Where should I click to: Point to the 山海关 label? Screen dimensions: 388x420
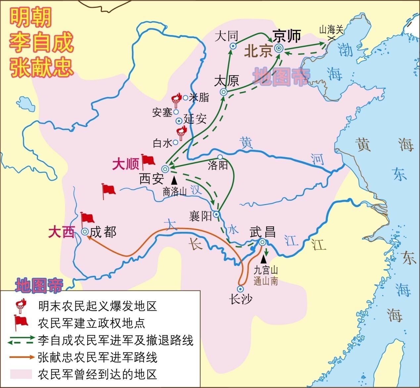[x=331, y=30]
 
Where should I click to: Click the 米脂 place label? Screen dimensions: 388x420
[x=199, y=97]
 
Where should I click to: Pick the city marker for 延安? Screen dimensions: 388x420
[x=179, y=121]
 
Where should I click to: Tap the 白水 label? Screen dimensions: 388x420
[x=162, y=143]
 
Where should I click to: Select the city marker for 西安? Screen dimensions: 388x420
[x=165, y=169]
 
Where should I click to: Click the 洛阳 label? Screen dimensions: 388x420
[x=218, y=165]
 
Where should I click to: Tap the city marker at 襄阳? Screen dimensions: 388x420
[x=216, y=214]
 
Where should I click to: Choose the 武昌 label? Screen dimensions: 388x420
[x=262, y=232]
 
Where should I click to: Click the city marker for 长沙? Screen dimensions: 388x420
[x=241, y=288]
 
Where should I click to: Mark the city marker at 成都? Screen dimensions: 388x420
[x=85, y=232]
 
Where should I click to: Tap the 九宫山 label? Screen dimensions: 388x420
[x=266, y=270]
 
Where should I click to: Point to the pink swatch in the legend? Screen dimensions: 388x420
[x=21, y=374]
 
